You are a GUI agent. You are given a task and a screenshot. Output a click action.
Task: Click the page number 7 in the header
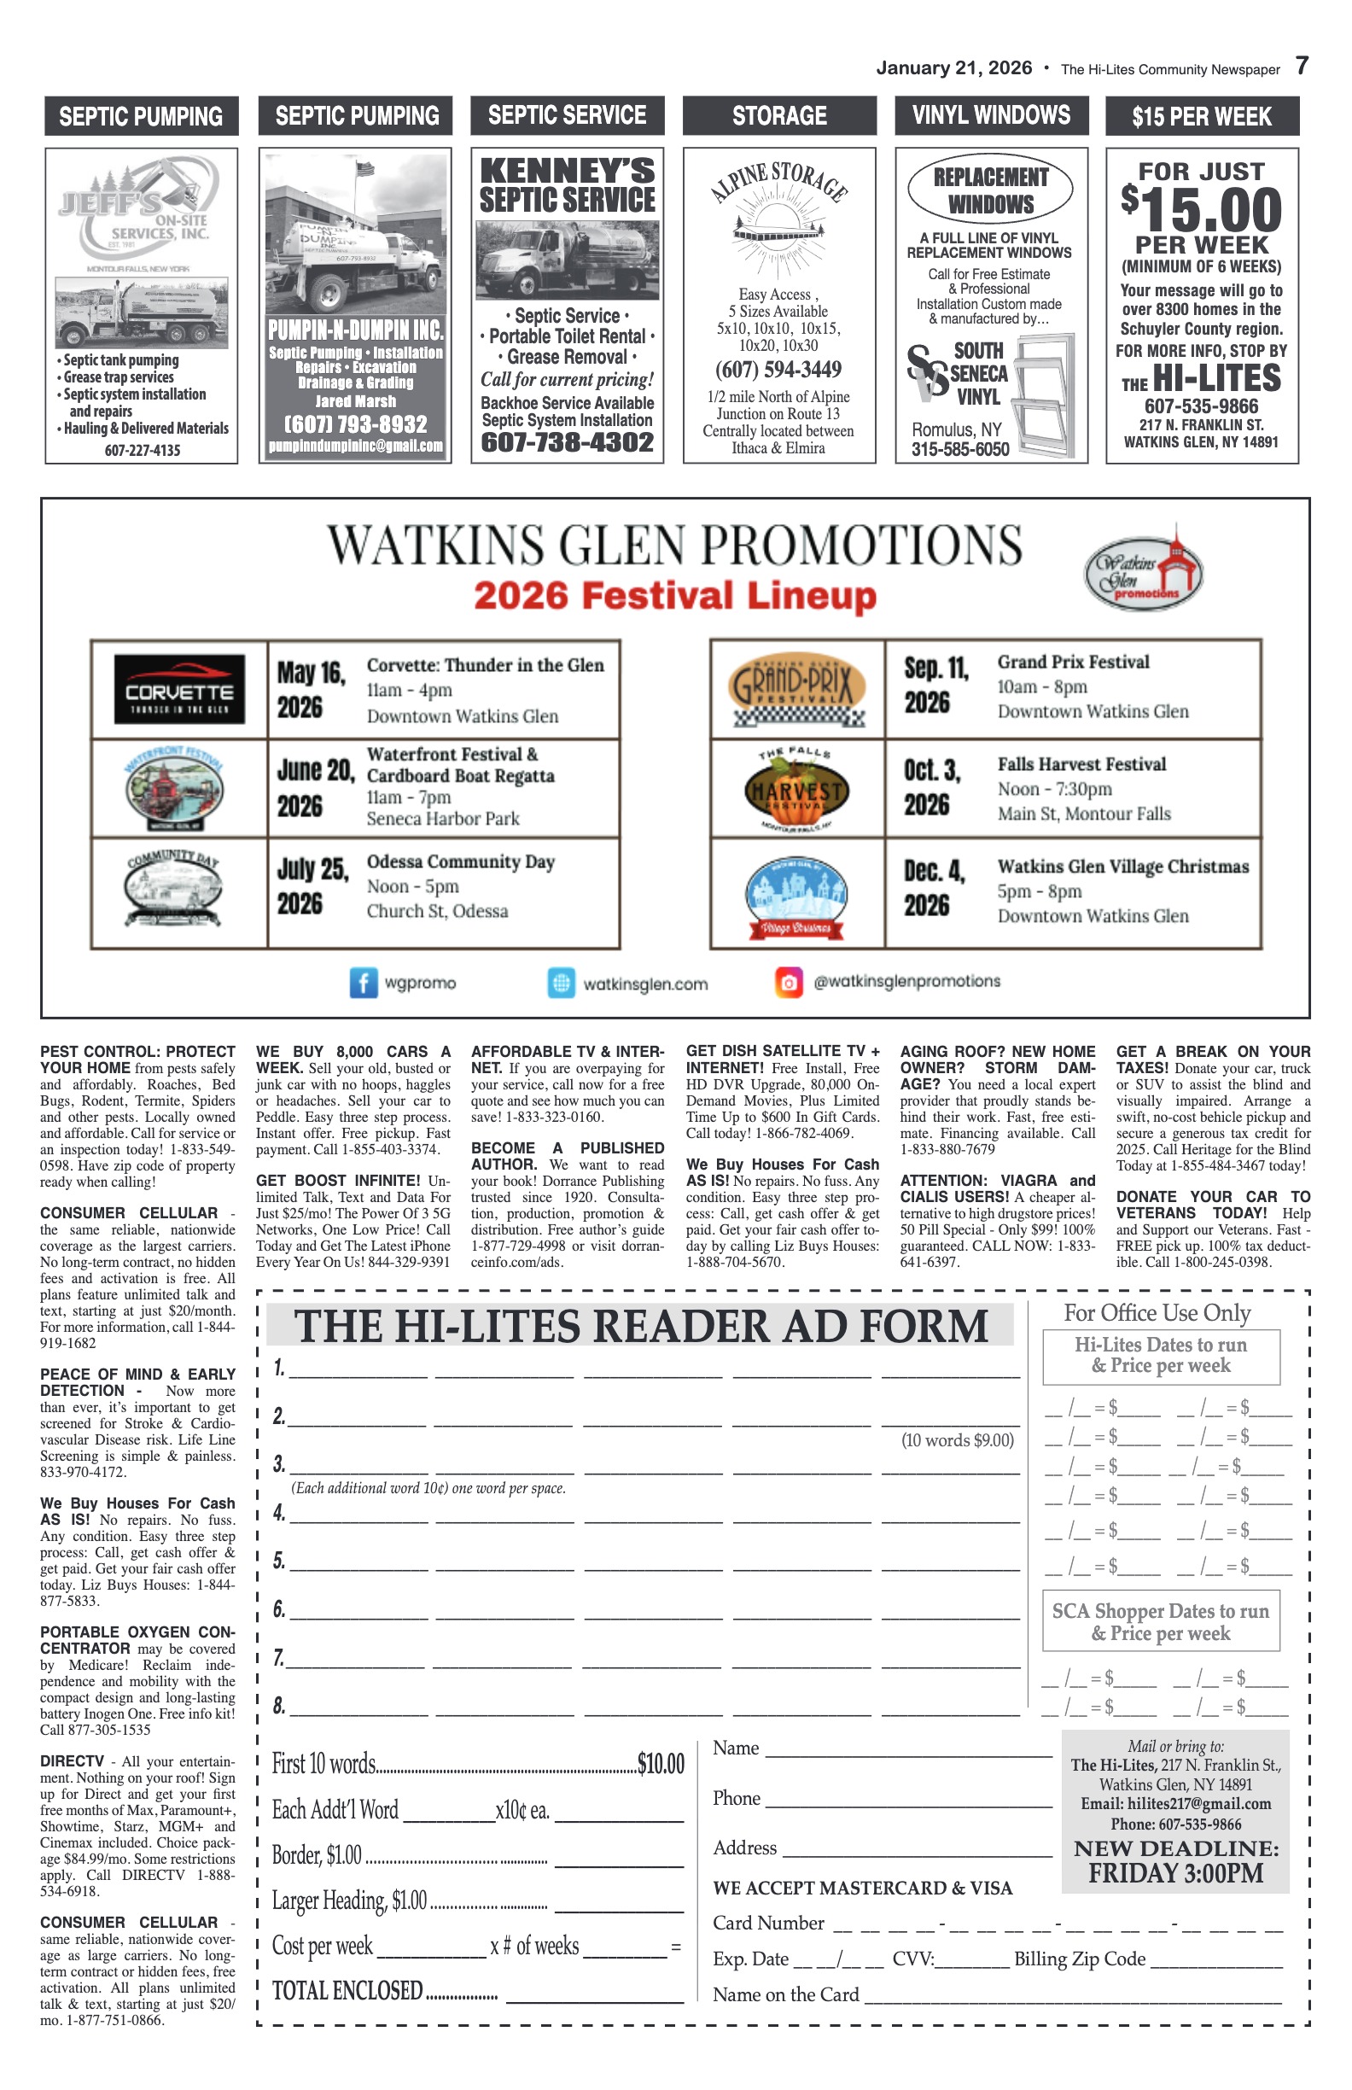(1301, 66)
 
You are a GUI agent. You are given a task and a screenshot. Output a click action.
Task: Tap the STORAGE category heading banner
(779, 116)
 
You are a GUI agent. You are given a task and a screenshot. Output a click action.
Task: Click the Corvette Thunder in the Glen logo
(179, 689)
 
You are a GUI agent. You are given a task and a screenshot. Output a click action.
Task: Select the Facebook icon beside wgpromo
(364, 983)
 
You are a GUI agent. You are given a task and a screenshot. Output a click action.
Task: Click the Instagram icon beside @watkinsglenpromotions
(789, 982)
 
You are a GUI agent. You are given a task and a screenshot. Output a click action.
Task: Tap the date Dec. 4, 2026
(934, 888)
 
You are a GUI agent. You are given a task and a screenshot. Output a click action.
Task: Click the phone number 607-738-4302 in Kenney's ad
(567, 442)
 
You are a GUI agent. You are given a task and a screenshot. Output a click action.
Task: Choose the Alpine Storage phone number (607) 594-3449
(778, 370)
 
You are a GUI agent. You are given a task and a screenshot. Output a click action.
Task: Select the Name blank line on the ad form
(909, 1750)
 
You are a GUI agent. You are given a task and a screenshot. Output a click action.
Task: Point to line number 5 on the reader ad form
(279, 1561)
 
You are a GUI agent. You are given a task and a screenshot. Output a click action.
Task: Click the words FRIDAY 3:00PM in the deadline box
(1175, 1874)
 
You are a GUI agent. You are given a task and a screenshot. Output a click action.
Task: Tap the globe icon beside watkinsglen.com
(561, 983)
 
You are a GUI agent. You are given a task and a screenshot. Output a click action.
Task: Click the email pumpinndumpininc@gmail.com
(356, 447)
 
